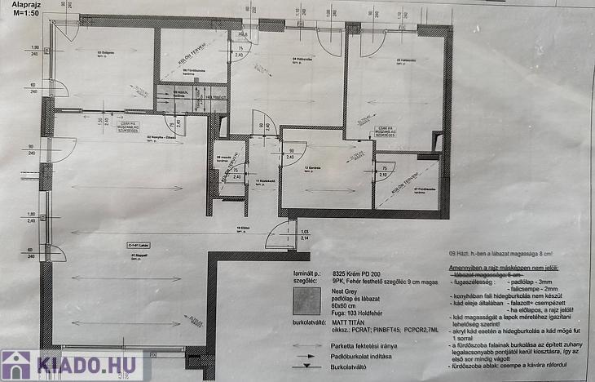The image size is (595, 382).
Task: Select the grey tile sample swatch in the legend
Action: pos(307,301)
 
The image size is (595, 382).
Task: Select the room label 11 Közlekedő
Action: pos(262,181)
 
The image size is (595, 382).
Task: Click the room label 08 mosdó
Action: pos(222,158)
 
